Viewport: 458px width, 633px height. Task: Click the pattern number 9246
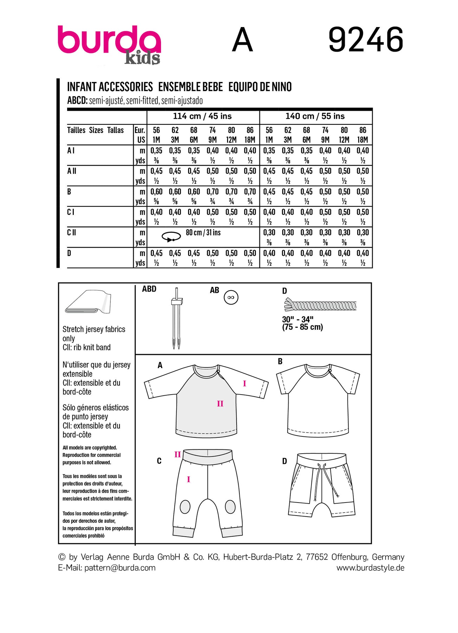click(x=366, y=39)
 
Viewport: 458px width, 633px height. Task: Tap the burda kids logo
click(x=109, y=44)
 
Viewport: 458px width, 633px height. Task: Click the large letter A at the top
click(x=243, y=40)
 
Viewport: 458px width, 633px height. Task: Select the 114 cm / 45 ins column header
click(x=202, y=116)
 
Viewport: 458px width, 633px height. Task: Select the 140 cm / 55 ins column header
click(x=315, y=116)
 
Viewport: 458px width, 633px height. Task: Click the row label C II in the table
click(x=72, y=233)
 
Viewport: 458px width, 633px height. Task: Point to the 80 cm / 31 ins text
click(x=203, y=233)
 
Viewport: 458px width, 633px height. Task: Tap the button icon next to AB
click(x=231, y=298)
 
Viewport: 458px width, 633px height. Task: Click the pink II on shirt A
click(x=220, y=404)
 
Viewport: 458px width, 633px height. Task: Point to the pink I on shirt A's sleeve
click(x=244, y=384)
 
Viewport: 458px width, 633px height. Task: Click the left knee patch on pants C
click(x=185, y=507)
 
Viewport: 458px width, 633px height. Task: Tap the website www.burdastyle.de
click(x=370, y=568)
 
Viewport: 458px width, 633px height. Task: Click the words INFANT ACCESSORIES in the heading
click(x=110, y=87)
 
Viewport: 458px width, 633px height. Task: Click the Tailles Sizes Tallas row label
click(x=95, y=130)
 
